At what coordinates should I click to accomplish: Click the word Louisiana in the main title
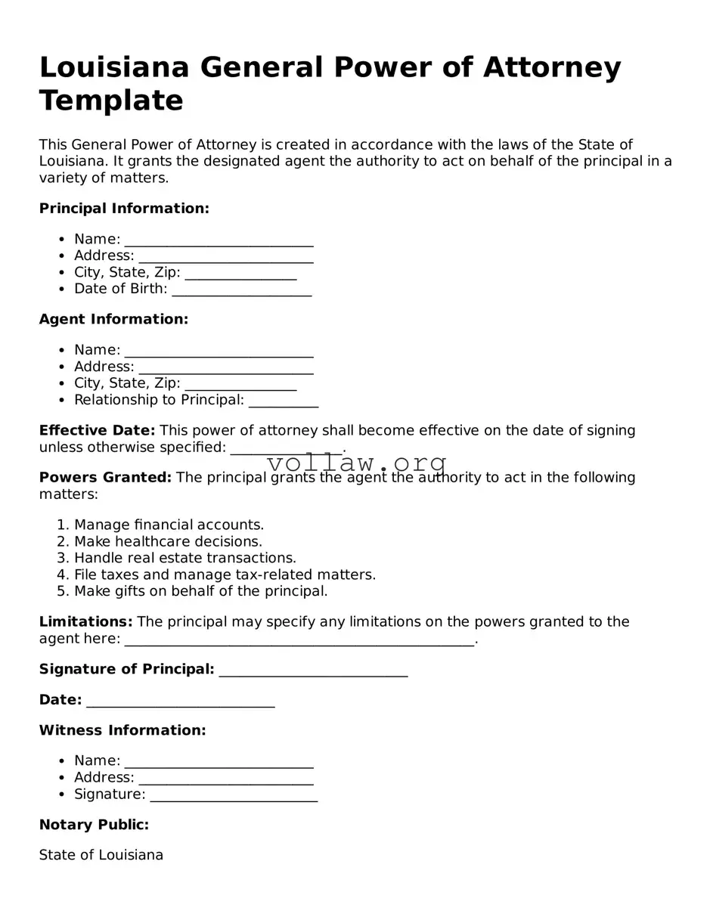(113, 68)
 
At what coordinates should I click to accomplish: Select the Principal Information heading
(124, 209)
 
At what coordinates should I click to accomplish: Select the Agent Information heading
(113, 320)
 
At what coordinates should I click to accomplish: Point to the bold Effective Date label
(97, 431)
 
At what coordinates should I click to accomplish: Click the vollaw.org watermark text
(357, 463)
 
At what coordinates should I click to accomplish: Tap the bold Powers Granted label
(105, 478)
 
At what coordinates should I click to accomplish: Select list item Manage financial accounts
(169, 525)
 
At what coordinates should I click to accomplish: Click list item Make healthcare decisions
(168, 541)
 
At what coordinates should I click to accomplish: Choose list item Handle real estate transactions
(184, 558)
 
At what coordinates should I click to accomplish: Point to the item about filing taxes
(225, 575)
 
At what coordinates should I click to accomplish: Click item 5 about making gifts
(200, 591)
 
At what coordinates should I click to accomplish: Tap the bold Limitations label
(85, 622)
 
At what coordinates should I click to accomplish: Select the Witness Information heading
(122, 731)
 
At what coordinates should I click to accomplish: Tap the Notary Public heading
(94, 825)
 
